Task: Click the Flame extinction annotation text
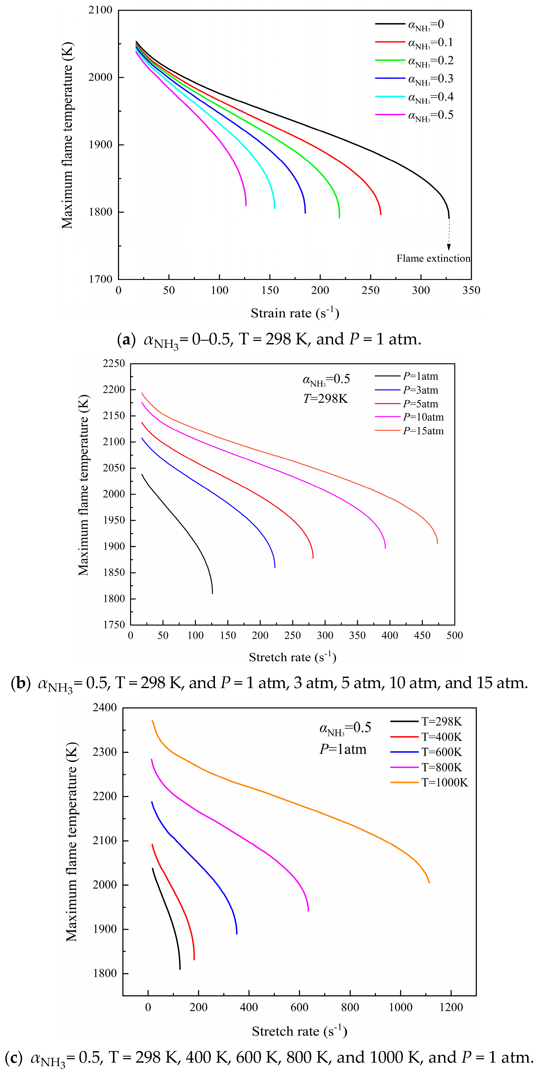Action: [x=433, y=259]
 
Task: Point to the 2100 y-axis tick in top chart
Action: [x=100, y=10]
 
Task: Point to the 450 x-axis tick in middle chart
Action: [x=422, y=636]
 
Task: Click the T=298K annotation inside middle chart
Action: [x=325, y=399]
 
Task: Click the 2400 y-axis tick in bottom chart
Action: [x=105, y=708]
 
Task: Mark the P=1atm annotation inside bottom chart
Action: [x=343, y=749]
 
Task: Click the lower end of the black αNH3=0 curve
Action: [x=449, y=217]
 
